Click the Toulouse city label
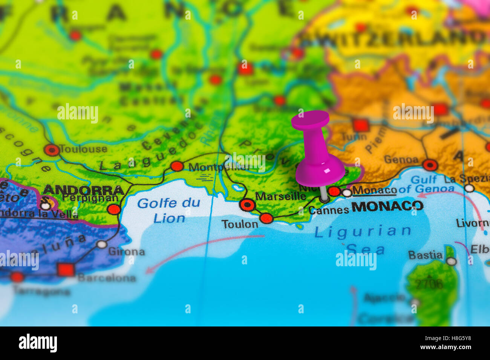pyautogui.click(x=83, y=149)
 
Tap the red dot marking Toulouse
pyautogui.click(x=52, y=150)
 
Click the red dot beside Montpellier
pyautogui.click(x=177, y=166)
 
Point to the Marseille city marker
pyautogui.click(x=247, y=205)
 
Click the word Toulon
pyautogui.click(x=240, y=224)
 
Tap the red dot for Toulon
pyautogui.click(x=266, y=218)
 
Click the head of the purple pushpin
pyautogui.click(x=310, y=120)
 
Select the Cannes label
pyautogui.click(x=329, y=211)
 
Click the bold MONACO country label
pyautogui.click(x=387, y=206)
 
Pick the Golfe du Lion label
pyautogui.click(x=168, y=210)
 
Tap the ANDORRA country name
pyautogui.click(x=84, y=189)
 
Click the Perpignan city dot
pyautogui.click(x=114, y=209)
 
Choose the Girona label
pyautogui.click(x=126, y=252)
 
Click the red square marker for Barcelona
pyautogui.click(x=66, y=270)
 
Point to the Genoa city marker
pyautogui.click(x=430, y=165)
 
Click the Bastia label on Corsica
pyautogui.click(x=425, y=255)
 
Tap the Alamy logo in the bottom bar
pyautogui.click(x=38, y=343)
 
